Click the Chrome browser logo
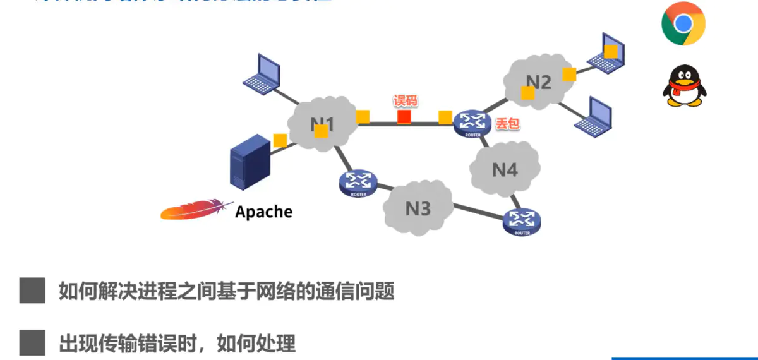tap(683, 24)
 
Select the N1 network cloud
tap(322, 124)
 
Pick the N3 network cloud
tap(418, 208)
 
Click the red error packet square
tap(404, 117)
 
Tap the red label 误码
tap(406, 101)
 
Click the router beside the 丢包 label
tap(472, 123)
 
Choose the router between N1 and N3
tap(358, 183)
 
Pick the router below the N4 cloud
tap(522, 221)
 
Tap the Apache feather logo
tap(193, 210)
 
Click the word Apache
tap(263, 212)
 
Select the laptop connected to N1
tap(262, 74)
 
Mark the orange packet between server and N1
tap(280, 140)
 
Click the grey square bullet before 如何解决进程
tap(32, 291)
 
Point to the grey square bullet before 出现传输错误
tap(32, 343)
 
